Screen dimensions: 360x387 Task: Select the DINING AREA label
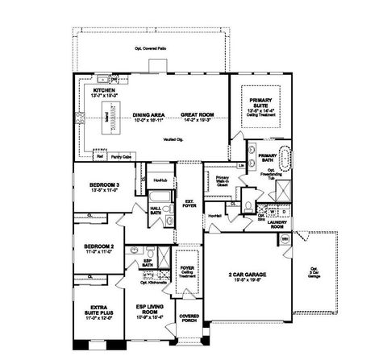[x=149, y=118]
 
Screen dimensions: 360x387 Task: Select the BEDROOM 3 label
[x=104, y=188]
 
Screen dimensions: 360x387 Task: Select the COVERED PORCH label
[x=189, y=320]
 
